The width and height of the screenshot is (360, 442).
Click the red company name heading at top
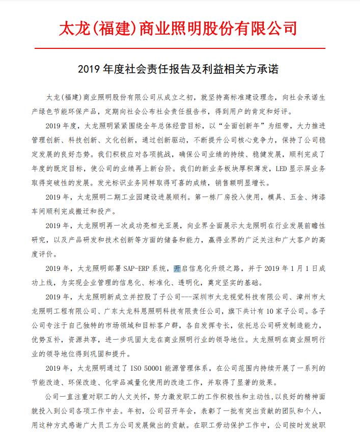[179, 27]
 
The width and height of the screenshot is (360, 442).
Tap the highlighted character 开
[177, 268]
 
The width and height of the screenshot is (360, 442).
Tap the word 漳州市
[310, 297]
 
